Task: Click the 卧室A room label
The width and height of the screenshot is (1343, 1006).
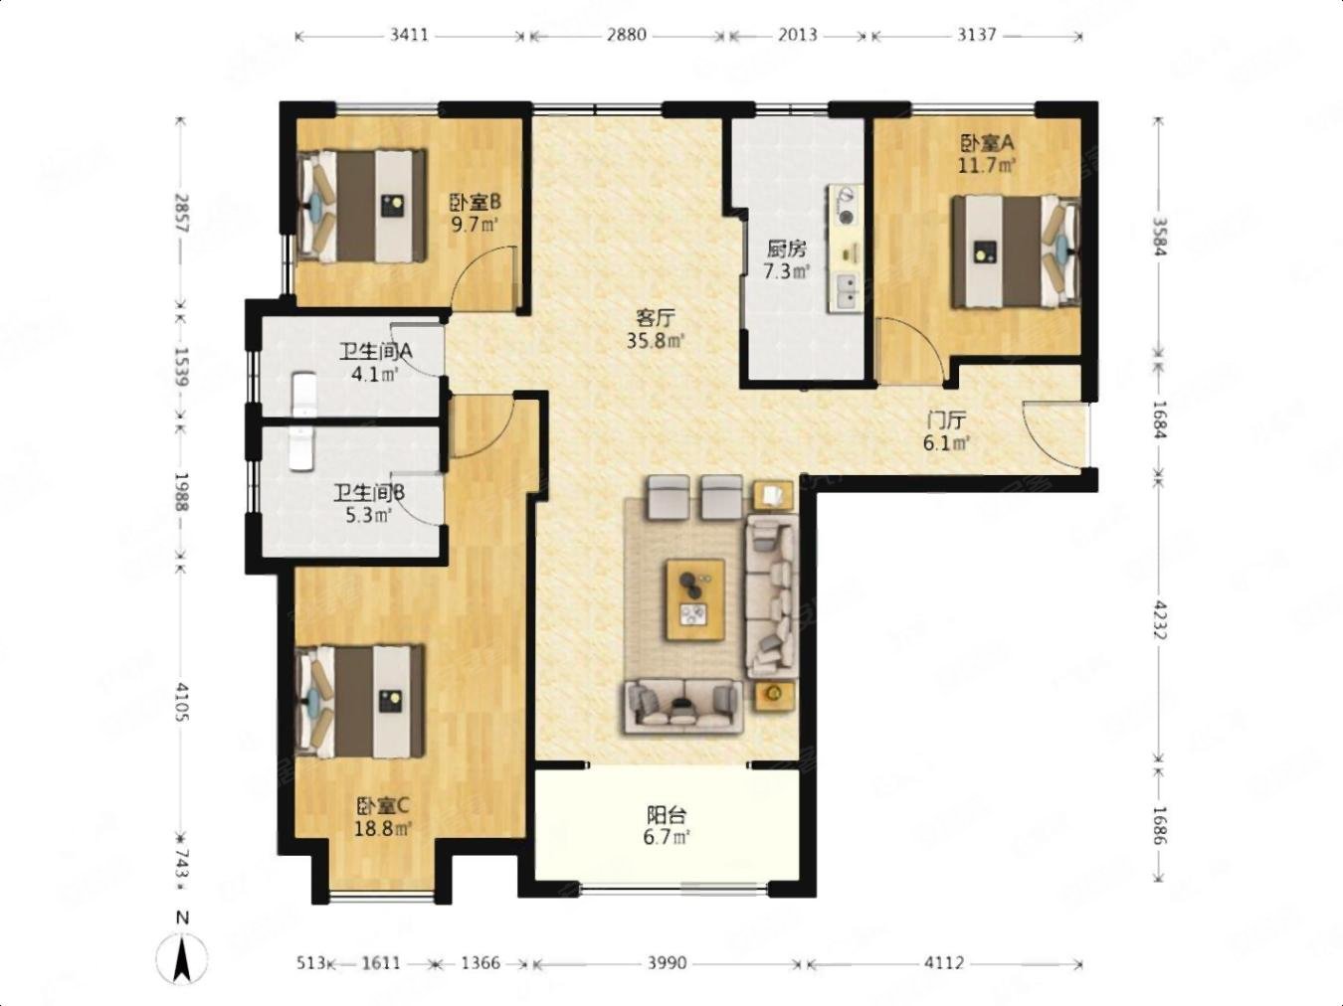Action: coord(987,143)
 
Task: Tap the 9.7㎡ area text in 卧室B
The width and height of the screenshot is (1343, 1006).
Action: coord(475,225)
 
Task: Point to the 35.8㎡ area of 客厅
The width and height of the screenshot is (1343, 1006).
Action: coord(655,340)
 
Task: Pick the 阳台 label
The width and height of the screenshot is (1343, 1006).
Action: coord(667,815)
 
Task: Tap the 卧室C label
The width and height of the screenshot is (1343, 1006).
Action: coord(383,807)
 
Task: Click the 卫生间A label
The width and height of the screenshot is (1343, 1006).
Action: coord(376,352)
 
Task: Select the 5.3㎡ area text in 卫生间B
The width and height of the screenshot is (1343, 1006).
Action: coord(368,516)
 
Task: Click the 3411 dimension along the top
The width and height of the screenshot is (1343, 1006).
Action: coord(409,35)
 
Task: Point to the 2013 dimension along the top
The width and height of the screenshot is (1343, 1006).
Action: coord(797,35)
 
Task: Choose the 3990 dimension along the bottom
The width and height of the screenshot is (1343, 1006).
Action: coord(667,963)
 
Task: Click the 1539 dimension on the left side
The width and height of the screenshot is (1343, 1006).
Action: coord(182,366)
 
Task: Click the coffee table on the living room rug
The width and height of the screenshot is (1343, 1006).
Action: coord(695,599)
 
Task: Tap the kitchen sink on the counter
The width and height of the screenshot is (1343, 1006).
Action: coord(848,291)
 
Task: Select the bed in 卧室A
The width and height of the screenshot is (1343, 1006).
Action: coord(1016,251)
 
